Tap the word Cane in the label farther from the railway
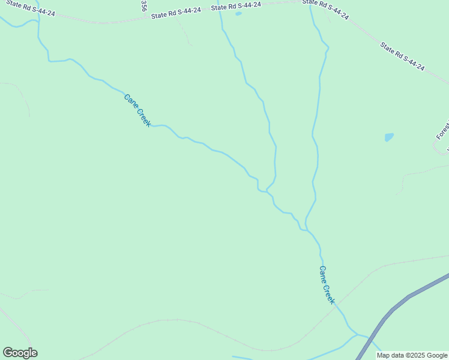tap(128, 100)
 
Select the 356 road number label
tap(143, 6)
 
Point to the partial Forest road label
tap(443, 130)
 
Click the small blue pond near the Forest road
tap(389, 137)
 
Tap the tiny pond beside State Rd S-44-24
tap(238, 13)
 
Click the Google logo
tap(20, 353)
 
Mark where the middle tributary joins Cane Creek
tap(267, 191)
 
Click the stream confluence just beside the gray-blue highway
tap(358, 335)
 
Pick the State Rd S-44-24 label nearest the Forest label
tap(402, 56)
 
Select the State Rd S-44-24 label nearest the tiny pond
tap(235, 6)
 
